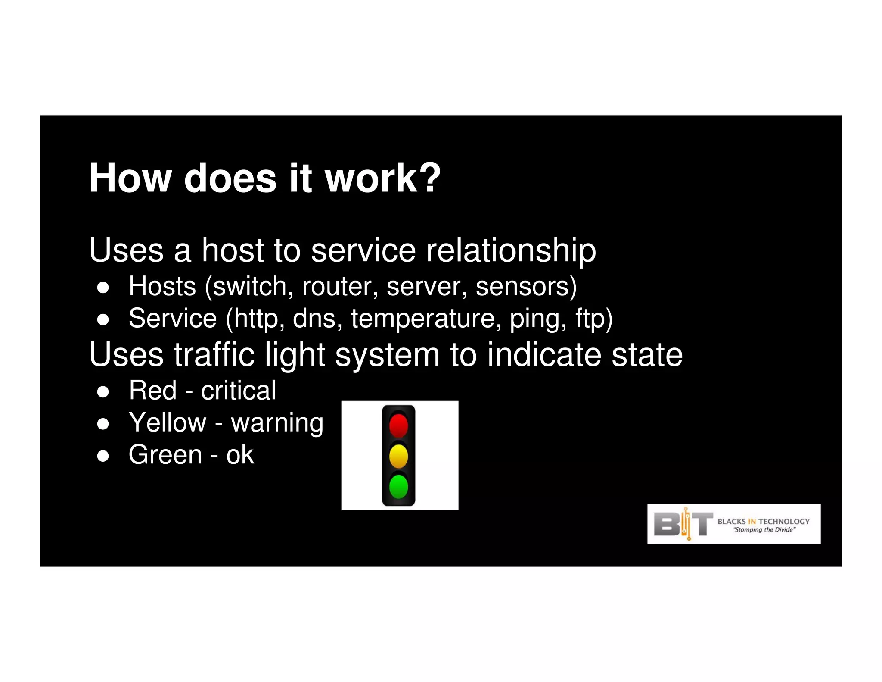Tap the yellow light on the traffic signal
click(398, 456)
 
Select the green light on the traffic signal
click(398, 487)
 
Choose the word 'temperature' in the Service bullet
click(426, 319)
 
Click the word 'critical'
click(238, 391)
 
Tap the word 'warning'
click(277, 423)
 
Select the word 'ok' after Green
click(240, 455)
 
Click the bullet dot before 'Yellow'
click(102, 424)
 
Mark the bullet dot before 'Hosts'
click(102, 288)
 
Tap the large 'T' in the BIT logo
click(702, 524)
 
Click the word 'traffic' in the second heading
click(214, 354)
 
